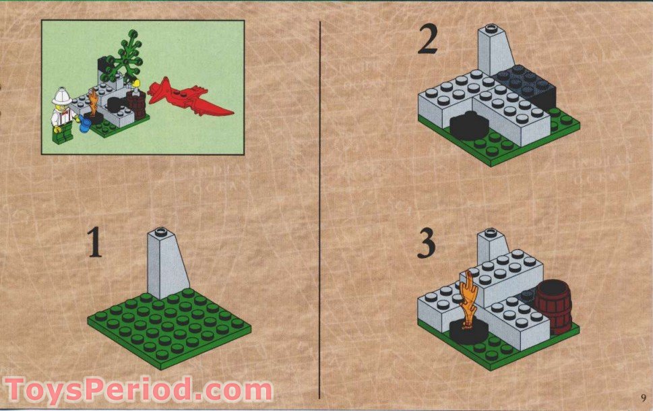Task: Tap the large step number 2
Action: pos(428,40)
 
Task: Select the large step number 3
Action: pos(427,245)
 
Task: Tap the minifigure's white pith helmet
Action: pos(62,96)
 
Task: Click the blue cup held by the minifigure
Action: pos(85,125)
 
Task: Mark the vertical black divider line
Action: pos(321,202)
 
